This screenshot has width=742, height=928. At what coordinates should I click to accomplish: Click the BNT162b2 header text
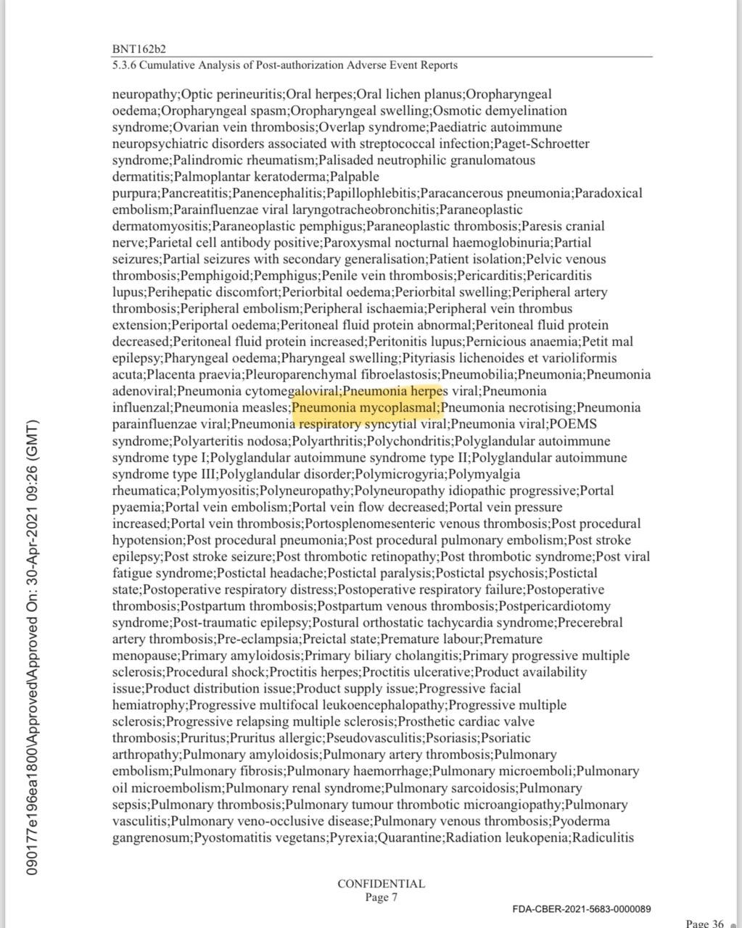click(x=139, y=49)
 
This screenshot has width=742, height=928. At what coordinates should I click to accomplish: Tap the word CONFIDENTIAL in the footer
click(x=381, y=884)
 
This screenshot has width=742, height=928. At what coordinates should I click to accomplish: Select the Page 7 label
click(x=381, y=897)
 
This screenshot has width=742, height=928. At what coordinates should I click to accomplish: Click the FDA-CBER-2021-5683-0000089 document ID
click(x=581, y=909)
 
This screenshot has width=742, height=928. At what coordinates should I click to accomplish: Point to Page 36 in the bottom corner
click(x=704, y=923)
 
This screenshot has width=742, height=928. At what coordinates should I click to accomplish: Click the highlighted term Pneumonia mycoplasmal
click(x=366, y=407)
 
